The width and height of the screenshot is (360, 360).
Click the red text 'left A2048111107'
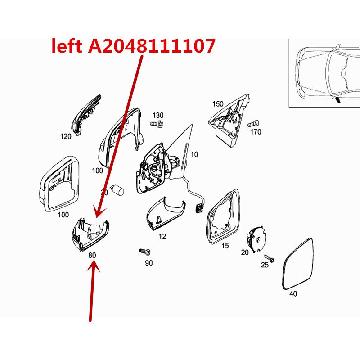click(x=133, y=46)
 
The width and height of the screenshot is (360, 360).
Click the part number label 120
click(x=66, y=136)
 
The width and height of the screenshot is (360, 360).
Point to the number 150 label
click(x=217, y=104)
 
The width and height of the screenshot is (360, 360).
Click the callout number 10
click(x=194, y=154)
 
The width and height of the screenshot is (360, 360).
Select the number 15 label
click(x=225, y=246)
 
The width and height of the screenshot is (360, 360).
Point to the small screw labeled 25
click(x=269, y=258)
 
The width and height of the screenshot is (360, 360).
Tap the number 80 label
click(x=92, y=255)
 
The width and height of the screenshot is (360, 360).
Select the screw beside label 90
click(x=144, y=252)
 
